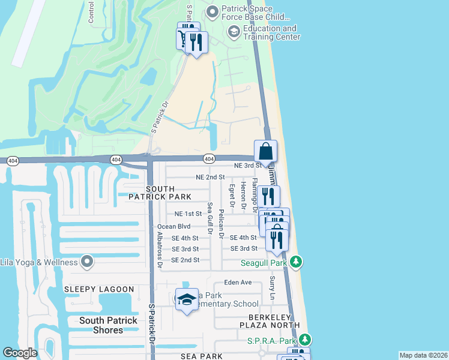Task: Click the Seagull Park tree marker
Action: pos(295,262)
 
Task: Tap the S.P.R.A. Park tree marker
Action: pos(304,340)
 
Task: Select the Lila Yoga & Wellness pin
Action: pos(88,262)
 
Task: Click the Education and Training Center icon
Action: pos(234,32)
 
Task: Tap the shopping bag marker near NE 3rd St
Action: pos(265,152)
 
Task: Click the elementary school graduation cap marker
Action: pos(187,299)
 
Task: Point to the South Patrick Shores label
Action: pos(101,325)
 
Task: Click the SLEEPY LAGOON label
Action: pos(99,289)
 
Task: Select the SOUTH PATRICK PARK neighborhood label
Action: pos(160,193)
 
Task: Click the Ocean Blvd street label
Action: pos(173,227)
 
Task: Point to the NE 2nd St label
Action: pos(210,177)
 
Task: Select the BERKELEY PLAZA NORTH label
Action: pos(265,321)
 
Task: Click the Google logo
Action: pos(20,353)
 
